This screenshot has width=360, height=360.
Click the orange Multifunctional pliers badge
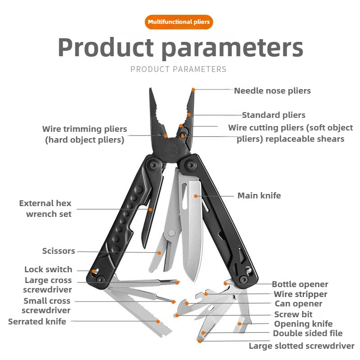(179, 22)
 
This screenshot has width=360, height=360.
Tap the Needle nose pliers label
(272, 91)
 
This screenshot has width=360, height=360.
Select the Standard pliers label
(274, 115)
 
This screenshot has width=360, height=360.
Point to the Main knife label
(259, 196)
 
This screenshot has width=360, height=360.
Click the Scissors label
(58, 251)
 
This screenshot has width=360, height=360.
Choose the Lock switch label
(48, 270)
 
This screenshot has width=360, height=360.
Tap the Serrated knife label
(37, 322)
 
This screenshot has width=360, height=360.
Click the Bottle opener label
(300, 284)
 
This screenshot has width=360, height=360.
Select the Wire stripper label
(301, 294)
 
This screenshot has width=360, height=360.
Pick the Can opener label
(299, 304)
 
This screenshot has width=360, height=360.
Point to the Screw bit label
(293, 314)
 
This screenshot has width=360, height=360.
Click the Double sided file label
(308, 333)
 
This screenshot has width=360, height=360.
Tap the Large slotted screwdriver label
(301, 346)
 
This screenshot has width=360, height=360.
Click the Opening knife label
(304, 324)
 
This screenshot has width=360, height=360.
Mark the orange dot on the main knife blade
(196, 196)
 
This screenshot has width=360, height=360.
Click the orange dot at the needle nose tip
(193, 90)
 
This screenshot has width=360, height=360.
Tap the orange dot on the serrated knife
(158, 321)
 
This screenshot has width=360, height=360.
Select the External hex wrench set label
(45, 209)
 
